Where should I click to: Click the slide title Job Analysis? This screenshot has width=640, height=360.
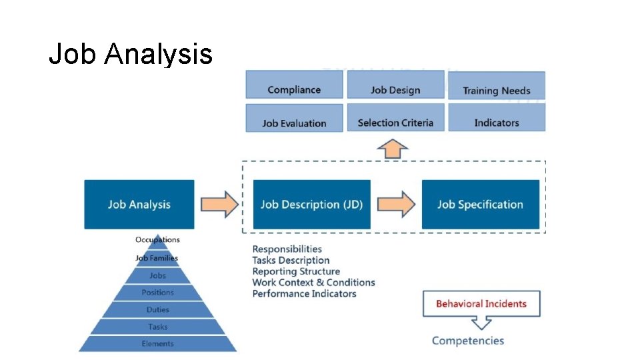pyautogui.click(x=131, y=54)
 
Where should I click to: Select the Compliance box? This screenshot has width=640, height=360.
pyautogui.click(x=294, y=90)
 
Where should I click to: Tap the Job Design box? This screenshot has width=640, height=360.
pyautogui.click(x=395, y=90)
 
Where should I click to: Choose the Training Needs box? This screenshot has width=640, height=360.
pyautogui.click(x=497, y=91)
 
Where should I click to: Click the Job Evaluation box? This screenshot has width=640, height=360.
pyautogui.click(x=294, y=123)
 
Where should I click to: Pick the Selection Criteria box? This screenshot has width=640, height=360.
pyautogui.click(x=395, y=123)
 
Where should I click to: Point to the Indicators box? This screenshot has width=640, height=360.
pyautogui.click(x=497, y=123)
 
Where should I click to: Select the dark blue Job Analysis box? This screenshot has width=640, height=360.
pyautogui.click(x=139, y=204)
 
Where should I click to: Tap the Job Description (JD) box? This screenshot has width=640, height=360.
pyautogui.click(x=311, y=204)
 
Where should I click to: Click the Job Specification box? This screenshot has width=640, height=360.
pyautogui.click(x=480, y=204)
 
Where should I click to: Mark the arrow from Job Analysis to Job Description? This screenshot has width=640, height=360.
pyautogui.click(x=219, y=204)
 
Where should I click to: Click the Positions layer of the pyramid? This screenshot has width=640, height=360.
pyautogui.click(x=157, y=293)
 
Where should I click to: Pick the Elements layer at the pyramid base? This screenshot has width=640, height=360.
pyautogui.click(x=157, y=344)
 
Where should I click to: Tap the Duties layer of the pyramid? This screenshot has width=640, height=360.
pyautogui.click(x=157, y=310)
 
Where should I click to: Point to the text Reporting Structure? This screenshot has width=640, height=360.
pyautogui.click(x=296, y=271)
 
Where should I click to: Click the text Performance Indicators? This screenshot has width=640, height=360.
pyautogui.click(x=304, y=293)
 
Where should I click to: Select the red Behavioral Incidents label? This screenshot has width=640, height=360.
pyautogui.click(x=481, y=304)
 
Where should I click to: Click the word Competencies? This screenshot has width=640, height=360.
pyautogui.click(x=468, y=341)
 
